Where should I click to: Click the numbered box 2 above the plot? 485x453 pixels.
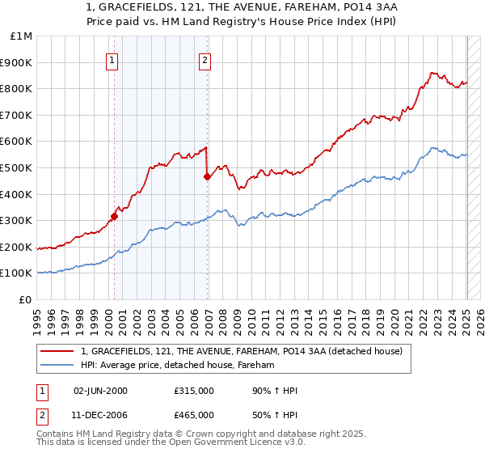click(205, 59)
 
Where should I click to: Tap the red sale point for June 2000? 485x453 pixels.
click(114, 216)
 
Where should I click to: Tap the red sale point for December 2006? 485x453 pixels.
click(208, 176)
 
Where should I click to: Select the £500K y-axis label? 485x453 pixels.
click(18, 167)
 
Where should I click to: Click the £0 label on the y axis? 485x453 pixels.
click(25, 299)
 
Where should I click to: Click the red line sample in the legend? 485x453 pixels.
click(57, 351)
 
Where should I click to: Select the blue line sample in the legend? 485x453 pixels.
click(57, 366)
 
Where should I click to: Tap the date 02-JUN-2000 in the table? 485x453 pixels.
click(101, 391)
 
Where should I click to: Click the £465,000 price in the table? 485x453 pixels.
click(193, 414)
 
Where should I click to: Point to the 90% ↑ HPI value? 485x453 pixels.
click(275, 391)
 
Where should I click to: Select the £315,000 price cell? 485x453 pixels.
click(193, 391)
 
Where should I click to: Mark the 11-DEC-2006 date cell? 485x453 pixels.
click(101, 414)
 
